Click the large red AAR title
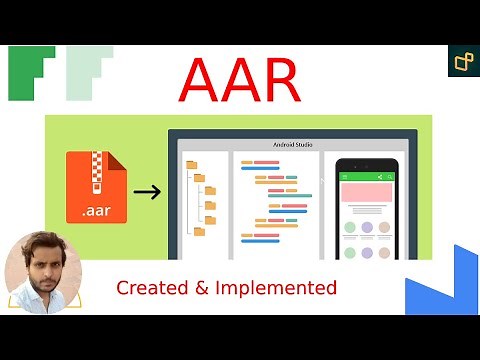(239, 80)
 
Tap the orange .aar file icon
(95, 187)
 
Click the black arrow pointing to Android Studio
(147, 191)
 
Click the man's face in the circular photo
(43, 271)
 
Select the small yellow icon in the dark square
(463, 61)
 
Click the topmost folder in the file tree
(190, 165)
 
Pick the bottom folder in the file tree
(198, 231)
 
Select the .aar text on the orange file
(95, 211)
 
